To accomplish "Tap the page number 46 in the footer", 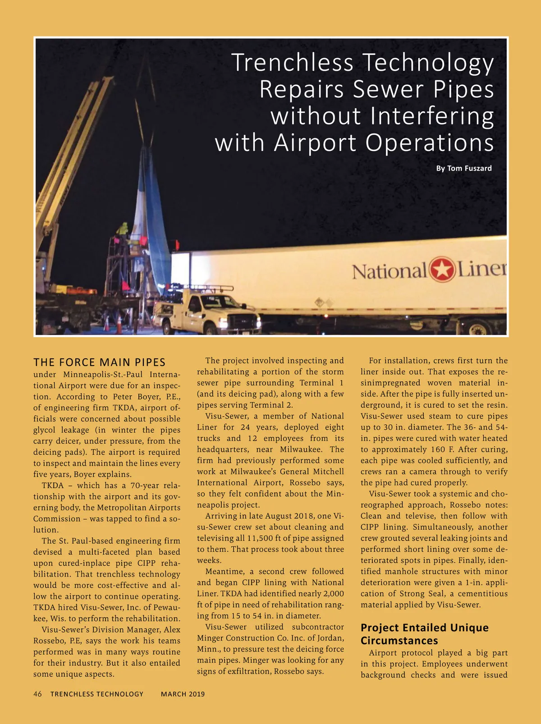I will [37, 694].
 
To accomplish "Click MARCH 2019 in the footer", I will [183, 694].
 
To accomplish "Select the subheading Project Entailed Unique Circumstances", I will [424, 634].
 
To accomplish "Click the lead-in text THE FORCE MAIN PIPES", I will [100, 362].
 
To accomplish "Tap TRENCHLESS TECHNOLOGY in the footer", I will [97, 694].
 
